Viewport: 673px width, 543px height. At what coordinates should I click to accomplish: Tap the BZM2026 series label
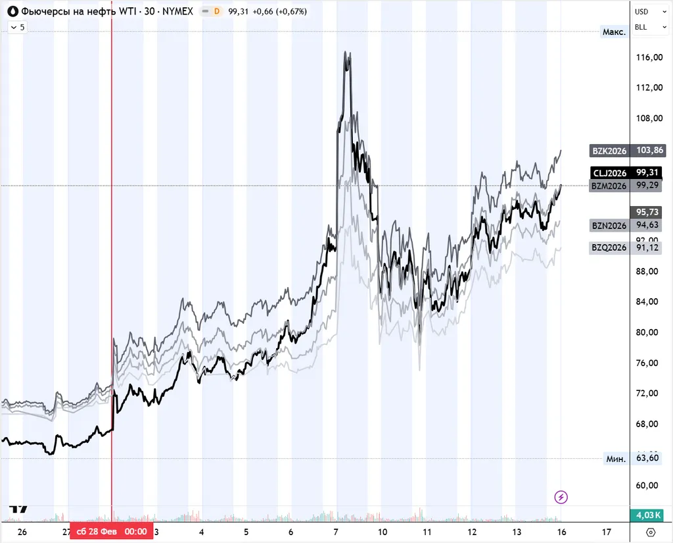coord(610,186)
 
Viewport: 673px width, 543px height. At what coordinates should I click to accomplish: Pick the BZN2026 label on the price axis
coord(610,226)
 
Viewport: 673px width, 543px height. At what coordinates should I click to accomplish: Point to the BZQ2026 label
coord(610,248)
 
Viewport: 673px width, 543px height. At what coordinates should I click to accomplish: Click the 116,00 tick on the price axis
coord(649,58)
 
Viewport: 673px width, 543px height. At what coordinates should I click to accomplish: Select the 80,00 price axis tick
coord(649,332)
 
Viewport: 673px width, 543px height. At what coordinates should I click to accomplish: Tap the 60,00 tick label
coord(649,485)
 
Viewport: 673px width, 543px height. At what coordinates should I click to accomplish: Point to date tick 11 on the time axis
coord(427,532)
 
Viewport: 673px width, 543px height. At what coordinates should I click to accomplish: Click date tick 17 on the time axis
coord(607,532)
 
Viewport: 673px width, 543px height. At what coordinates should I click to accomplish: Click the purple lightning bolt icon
coord(561,497)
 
